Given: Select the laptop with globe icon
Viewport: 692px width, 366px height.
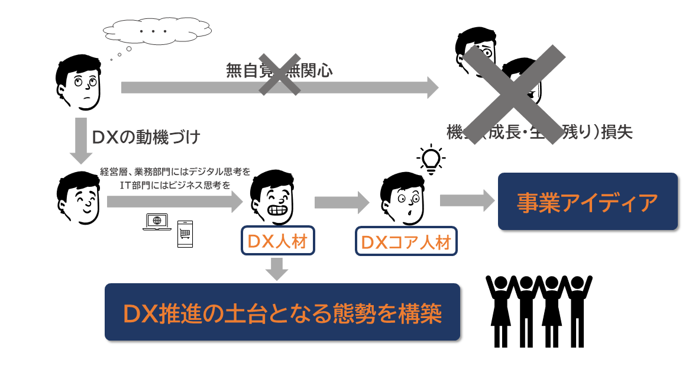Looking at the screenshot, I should [156, 222].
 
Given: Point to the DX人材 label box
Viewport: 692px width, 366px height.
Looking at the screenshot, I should [277, 241].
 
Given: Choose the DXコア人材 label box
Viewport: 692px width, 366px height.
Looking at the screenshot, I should [406, 242].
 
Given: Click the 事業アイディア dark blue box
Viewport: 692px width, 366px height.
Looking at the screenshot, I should [587, 202].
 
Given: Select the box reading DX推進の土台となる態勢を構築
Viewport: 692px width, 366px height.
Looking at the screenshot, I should [282, 312].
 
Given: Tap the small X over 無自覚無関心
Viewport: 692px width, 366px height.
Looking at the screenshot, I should [279, 73].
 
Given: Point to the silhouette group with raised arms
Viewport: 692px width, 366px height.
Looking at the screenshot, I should [538, 310].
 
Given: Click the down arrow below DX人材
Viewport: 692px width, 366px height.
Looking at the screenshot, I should [277, 269].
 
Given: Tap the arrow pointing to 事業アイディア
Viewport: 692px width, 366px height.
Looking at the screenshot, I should [467, 200].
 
